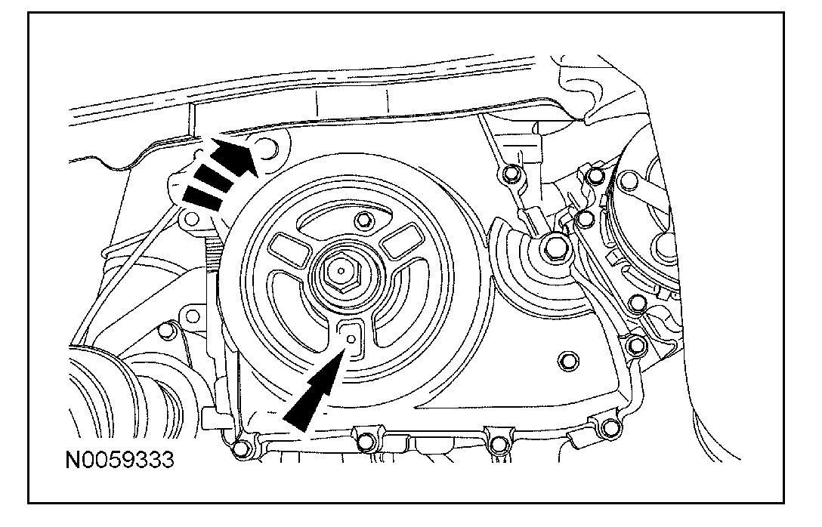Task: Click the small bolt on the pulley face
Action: tap(366, 220)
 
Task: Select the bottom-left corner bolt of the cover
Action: tap(240, 449)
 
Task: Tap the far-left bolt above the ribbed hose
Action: tap(168, 329)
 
